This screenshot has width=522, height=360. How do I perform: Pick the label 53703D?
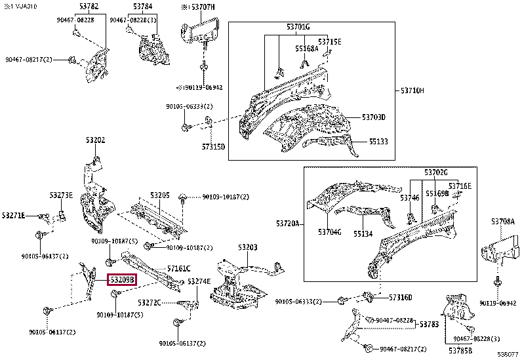[373, 117]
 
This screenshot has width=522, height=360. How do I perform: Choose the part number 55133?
[378, 141]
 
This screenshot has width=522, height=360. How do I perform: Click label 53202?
[94, 140]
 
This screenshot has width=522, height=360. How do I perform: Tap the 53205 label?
[159, 195]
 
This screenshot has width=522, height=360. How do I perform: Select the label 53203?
[247, 247]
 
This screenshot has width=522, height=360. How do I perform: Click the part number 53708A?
[503, 222]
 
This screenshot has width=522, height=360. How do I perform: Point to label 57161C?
[178, 269]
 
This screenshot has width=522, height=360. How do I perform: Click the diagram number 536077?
[508, 355]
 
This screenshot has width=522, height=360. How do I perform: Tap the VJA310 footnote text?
[19, 7]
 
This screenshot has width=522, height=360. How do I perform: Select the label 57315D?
[213, 146]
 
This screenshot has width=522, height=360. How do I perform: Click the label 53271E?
[13, 215]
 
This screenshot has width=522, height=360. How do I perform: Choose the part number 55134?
[363, 233]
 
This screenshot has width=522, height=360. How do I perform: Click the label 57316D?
[400, 298]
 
